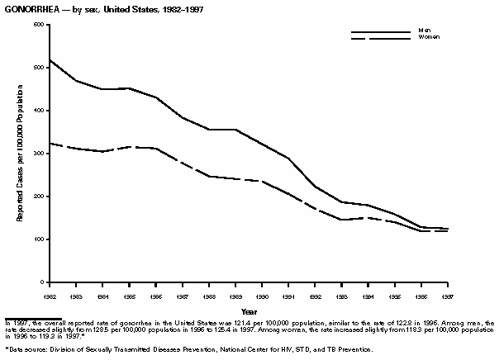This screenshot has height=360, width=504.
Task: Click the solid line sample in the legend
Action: click(380, 32)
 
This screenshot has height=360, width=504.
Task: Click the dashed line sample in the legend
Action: click(380, 39)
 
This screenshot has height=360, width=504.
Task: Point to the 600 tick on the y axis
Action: click(38, 25)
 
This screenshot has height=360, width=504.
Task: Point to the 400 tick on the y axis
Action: click(38, 111)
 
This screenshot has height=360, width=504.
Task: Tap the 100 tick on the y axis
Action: click(38, 239)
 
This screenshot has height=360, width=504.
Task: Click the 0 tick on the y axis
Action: click(41, 282)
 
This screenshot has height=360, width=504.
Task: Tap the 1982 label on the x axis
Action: click(50, 294)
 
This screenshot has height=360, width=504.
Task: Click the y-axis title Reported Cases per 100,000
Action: click(18, 154)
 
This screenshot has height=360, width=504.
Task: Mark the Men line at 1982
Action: click(50, 60)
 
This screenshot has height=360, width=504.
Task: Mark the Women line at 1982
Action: click(50, 144)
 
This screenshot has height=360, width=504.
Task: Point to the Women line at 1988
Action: click(212, 176)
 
